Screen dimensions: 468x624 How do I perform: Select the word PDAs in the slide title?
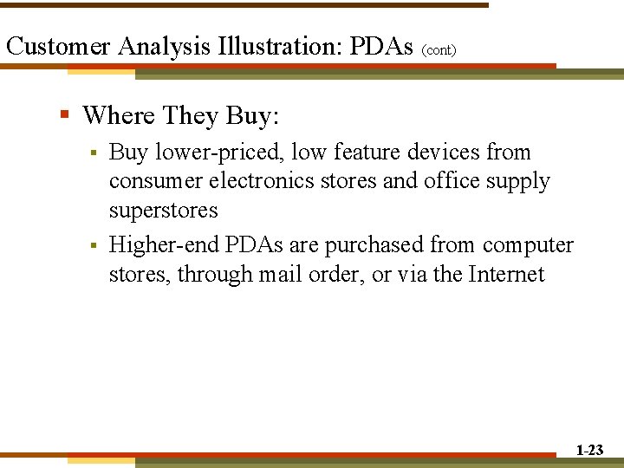(381, 46)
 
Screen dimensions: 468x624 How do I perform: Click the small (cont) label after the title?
(439, 50)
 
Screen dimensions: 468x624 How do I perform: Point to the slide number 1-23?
(589, 450)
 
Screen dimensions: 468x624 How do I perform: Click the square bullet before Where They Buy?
(65, 114)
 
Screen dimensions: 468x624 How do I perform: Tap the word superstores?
(163, 211)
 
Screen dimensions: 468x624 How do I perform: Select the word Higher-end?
(165, 246)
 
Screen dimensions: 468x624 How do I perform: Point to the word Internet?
(506, 275)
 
